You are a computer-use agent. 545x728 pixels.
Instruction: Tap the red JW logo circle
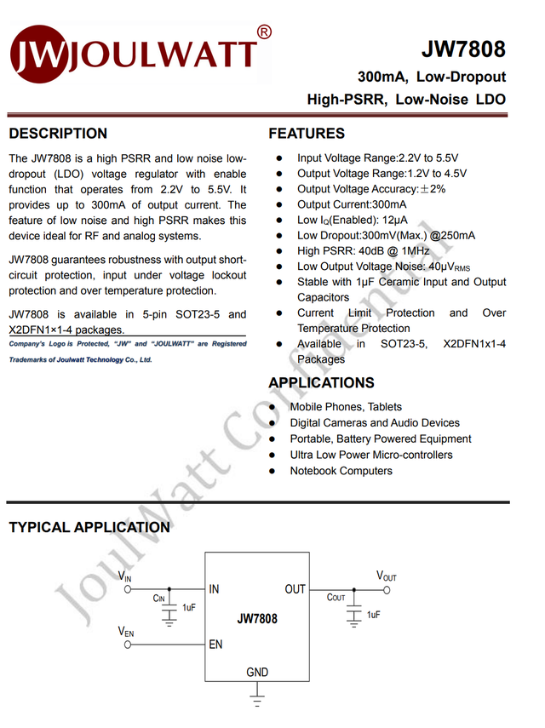tap(37, 56)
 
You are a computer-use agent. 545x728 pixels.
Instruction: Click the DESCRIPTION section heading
tap(58, 134)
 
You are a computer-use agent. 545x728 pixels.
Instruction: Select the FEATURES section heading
tap(307, 134)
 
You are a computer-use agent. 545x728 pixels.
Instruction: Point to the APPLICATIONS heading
tap(321, 383)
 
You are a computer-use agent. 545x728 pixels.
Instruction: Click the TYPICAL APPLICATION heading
tap(89, 528)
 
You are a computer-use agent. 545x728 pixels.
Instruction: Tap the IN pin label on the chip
tap(214, 589)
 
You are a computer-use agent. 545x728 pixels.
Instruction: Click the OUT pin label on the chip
tap(295, 589)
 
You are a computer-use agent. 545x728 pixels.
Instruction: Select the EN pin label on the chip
tap(215, 645)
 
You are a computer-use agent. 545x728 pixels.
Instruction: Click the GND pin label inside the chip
tap(257, 673)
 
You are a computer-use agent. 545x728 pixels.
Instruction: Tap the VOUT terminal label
tap(387, 576)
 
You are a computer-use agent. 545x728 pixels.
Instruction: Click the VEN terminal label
tap(126, 633)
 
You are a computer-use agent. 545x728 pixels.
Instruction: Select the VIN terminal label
tap(125, 577)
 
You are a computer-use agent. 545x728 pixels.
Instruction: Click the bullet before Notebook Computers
tap(272, 471)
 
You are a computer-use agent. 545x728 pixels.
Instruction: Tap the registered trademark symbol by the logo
tap(264, 32)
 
